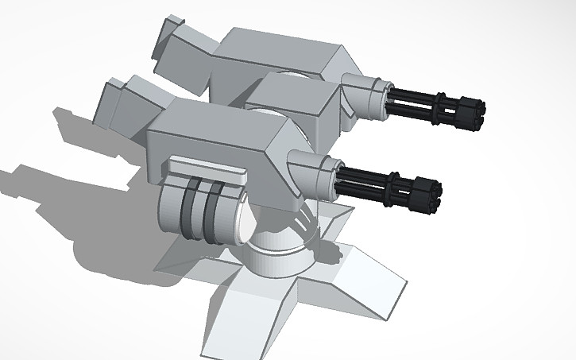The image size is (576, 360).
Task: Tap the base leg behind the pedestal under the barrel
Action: click(334, 215)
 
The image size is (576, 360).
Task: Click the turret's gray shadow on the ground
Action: click(79, 199)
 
